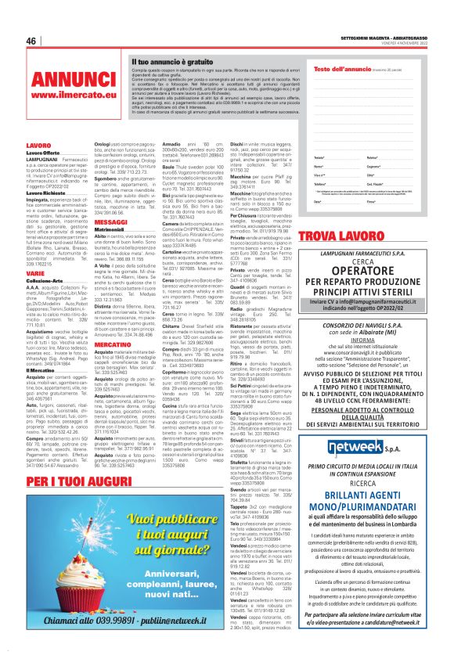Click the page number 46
click(x=32, y=41)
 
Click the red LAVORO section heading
click(x=38, y=146)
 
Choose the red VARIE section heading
click(x=36, y=273)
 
